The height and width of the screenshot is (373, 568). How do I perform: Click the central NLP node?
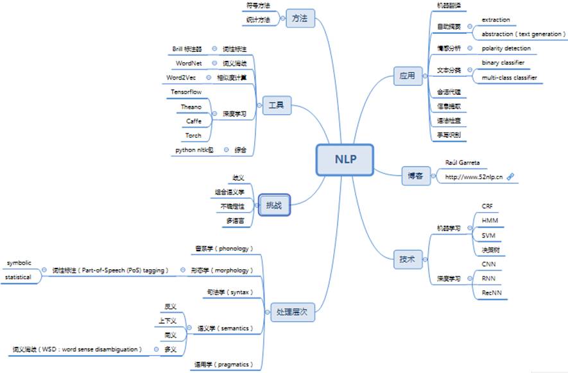point(344,159)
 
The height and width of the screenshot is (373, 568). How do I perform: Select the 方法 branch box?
point(299,19)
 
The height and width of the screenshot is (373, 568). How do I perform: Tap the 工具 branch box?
point(277,104)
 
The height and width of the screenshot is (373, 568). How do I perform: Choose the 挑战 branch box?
point(274,206)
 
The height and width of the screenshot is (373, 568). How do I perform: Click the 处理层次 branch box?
point(292,313)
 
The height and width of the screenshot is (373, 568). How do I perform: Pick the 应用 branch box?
point(407,76)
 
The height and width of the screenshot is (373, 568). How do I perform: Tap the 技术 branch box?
point(407,260)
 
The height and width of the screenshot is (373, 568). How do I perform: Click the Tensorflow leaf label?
point(186,92)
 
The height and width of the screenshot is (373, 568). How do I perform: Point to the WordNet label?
point(189,63)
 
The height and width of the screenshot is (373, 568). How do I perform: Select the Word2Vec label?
point(180,78)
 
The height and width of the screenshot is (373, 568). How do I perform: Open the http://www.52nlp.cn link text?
point(474,177)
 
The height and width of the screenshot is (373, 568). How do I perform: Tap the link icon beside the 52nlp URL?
point(510,177)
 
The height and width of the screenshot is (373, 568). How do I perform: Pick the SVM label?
point(488,236)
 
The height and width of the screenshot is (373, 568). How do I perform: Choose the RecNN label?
point(492,292)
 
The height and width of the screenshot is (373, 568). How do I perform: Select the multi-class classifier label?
point(509,78)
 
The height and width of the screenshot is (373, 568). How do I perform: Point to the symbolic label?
point(19,263)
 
